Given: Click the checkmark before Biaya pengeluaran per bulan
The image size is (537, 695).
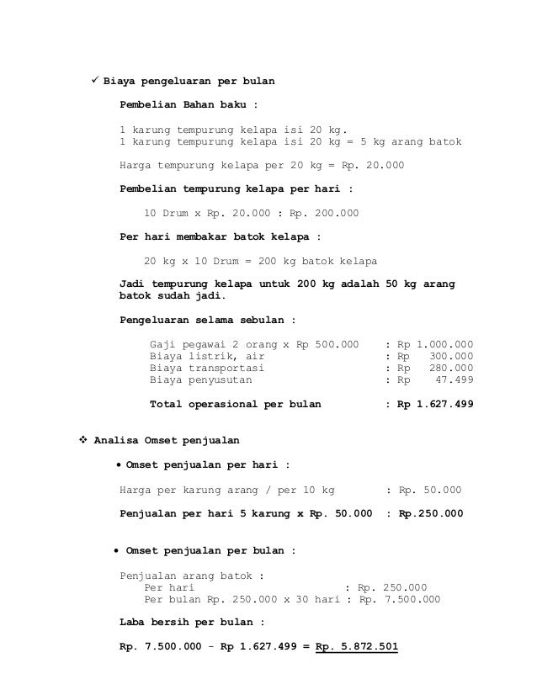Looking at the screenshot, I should click(x=95, y=82).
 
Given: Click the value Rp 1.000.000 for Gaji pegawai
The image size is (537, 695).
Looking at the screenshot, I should click(x=434, y=344).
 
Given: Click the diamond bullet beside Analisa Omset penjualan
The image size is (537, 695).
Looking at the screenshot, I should click(x=82, y=439).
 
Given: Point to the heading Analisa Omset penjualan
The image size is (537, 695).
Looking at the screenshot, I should click(x=167, y=439).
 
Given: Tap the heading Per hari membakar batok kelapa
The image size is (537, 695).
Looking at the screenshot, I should click(x=221, y=236).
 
